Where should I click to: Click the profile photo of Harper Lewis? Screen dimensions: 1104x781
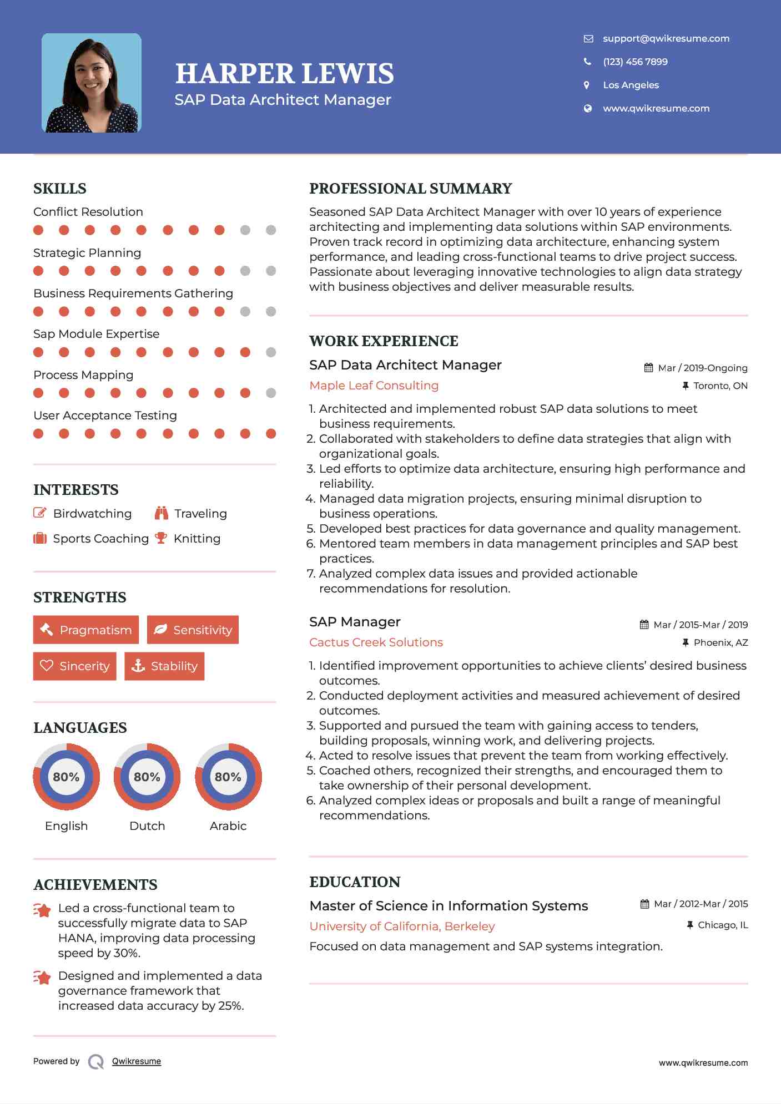click(x=92, y=83)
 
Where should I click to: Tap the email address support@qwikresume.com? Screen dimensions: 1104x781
click(x=666, y=38)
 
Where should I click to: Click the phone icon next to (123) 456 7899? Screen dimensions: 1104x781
click(x=587, y=62)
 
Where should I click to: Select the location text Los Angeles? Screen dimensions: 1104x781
click(x=631, y=85)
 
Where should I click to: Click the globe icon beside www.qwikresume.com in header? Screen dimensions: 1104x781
click(x=587, y=108)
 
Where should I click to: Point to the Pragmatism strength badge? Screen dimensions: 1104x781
click(x=86, y=630)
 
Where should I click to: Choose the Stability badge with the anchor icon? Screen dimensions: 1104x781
click(x=164, y=666)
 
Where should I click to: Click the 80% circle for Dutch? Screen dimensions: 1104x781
click(x=147, y=777)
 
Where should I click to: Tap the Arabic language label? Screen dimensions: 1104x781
click(x=228, y=826)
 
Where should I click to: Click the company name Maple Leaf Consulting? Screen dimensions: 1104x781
click(x=374, y=385)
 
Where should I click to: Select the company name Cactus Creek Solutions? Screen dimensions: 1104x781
click(x=376, y=642)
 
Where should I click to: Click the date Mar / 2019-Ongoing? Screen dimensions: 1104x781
click(x=702, y=368)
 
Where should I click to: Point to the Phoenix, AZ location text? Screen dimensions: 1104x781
click(x=720, y=642)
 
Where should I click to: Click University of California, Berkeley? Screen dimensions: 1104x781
click(x=402, y=926)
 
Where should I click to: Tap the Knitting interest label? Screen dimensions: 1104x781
click(x=197, y=538)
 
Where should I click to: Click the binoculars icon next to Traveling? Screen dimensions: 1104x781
click(x=162, y=513)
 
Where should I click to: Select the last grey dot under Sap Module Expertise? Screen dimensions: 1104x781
click(x=271, y=352)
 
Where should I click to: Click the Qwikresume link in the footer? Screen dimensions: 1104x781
click(x=136, y=1061)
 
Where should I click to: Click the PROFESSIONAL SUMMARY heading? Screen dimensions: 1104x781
click(x=410, y=189)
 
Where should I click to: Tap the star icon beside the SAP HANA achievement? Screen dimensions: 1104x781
click(x=42, y=910)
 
